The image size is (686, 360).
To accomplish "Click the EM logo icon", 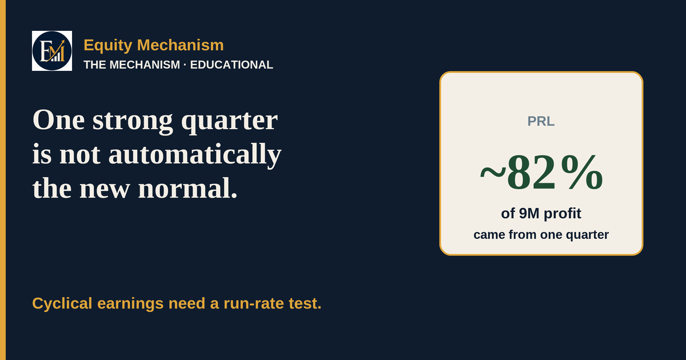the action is tap(52, 51).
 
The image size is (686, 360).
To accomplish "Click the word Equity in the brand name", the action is tap(108, 45).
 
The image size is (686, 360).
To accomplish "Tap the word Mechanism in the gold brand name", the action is tap(181, 45).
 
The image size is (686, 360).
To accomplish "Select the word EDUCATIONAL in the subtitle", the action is tap(232, 65).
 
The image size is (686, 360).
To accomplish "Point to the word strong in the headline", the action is tap(133, 121).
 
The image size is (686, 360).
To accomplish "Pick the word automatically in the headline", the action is tap(195, 155).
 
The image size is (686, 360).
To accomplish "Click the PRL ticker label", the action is tap(541, 121).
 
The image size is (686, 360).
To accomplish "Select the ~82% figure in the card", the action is tap(541, 173).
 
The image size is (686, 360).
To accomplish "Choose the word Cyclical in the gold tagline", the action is tap(62, 303).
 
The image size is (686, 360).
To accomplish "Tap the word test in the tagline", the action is tap(305, 303).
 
